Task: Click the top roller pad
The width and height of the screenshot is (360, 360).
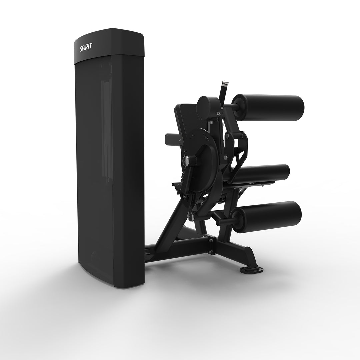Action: pos(268,103)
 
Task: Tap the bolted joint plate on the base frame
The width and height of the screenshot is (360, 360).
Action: pos(210,245)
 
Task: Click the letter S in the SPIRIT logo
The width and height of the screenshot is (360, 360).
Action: pos(81,48)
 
